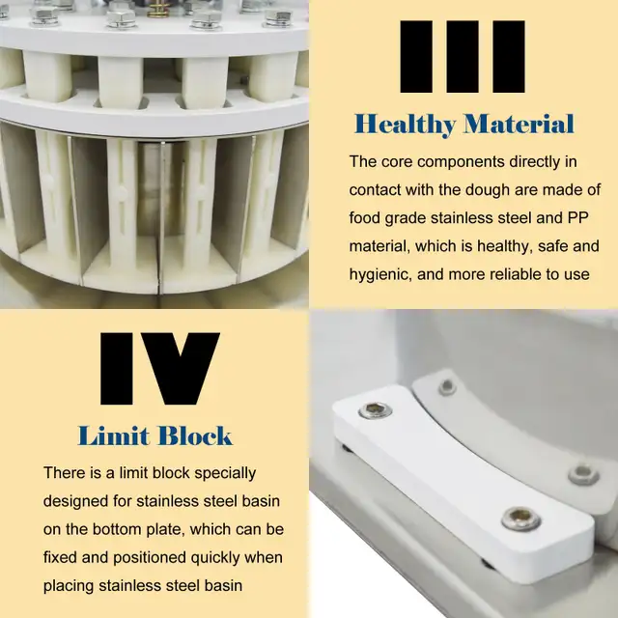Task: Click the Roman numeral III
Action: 463,58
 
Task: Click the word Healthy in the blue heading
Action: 406,125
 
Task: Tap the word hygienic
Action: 382,274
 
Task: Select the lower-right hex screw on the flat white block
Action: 520,520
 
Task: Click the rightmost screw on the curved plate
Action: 583,474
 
